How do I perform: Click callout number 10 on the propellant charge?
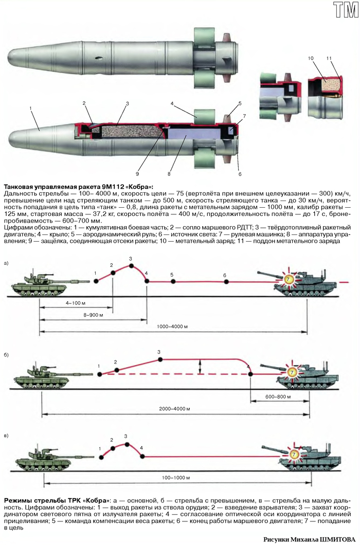tap(311, 59)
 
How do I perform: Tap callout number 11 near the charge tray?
tap(329, 59)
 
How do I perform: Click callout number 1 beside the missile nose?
tap(31, 108)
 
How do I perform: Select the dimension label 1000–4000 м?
tap(172, 326)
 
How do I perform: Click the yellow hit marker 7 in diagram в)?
tap(294, 455)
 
